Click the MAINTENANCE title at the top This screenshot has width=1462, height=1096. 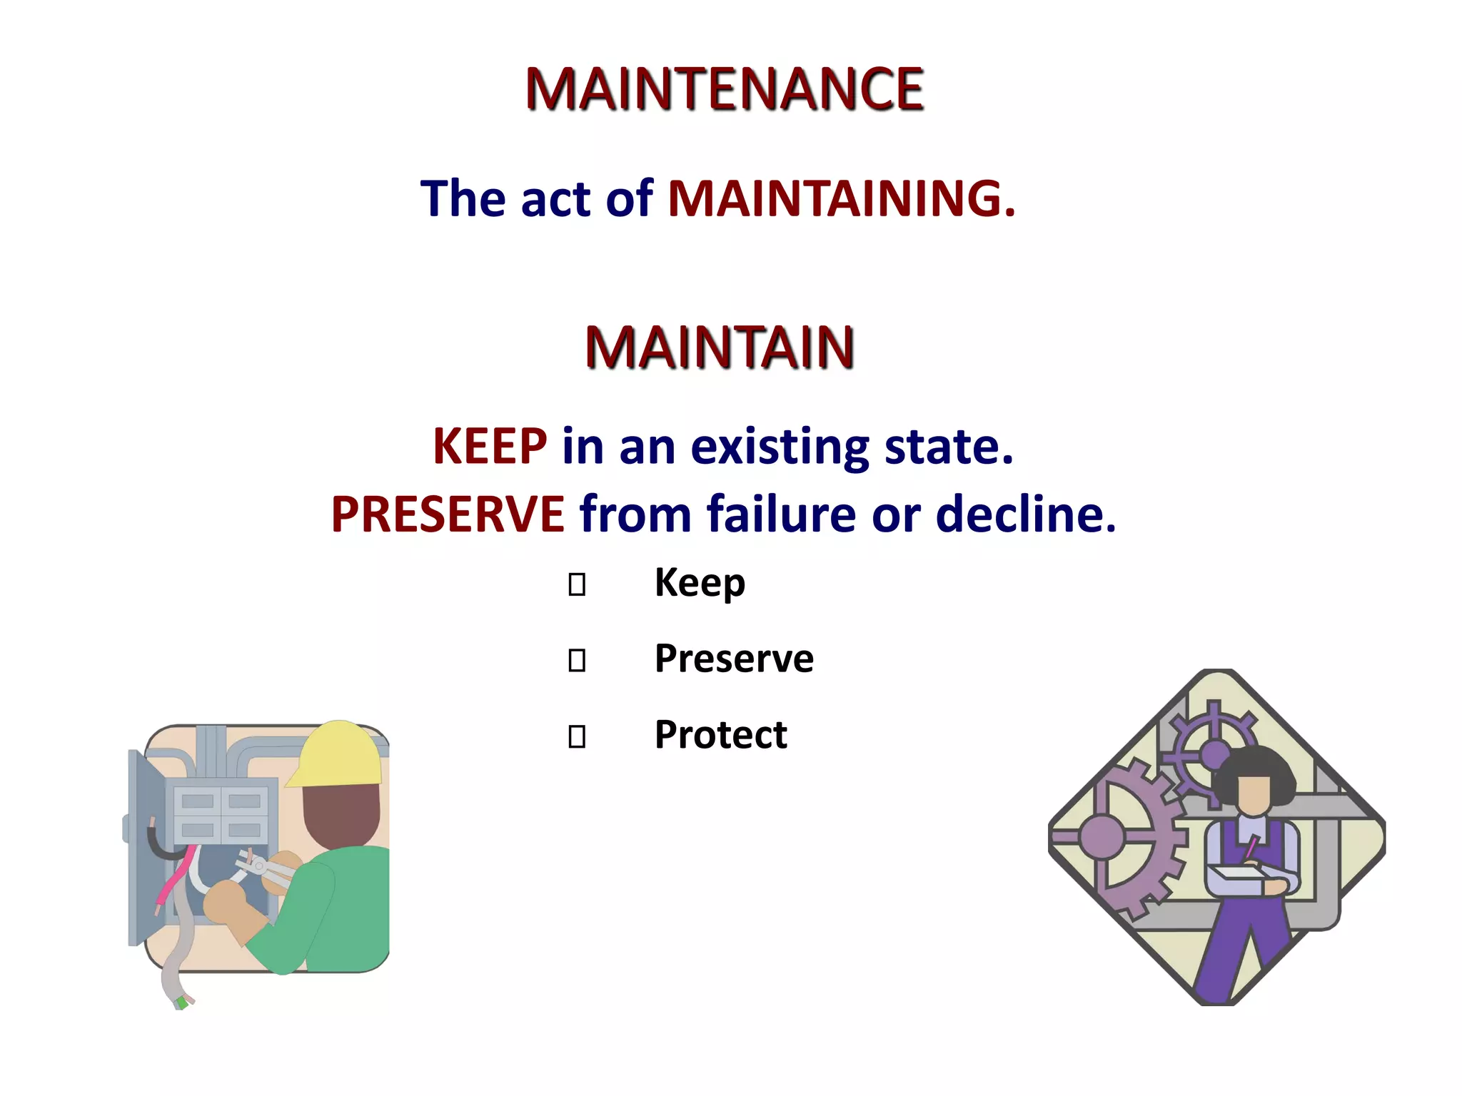point(724,89)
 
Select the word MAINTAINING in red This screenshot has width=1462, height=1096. point(841,198)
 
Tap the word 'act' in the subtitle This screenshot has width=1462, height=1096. point(555,200)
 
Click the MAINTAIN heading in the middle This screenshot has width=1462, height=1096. point(720,347)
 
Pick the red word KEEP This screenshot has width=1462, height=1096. point(490,447)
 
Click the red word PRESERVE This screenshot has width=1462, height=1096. point(448,514)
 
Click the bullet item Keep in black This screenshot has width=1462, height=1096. point(700,583)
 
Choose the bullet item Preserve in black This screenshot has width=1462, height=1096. point(734,659)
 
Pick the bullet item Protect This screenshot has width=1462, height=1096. point(720,735)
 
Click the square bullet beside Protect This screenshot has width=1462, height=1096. point(577,736)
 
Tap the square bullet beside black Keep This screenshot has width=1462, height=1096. point(577,585)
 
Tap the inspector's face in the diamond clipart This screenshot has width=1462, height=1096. point(1254,793)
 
